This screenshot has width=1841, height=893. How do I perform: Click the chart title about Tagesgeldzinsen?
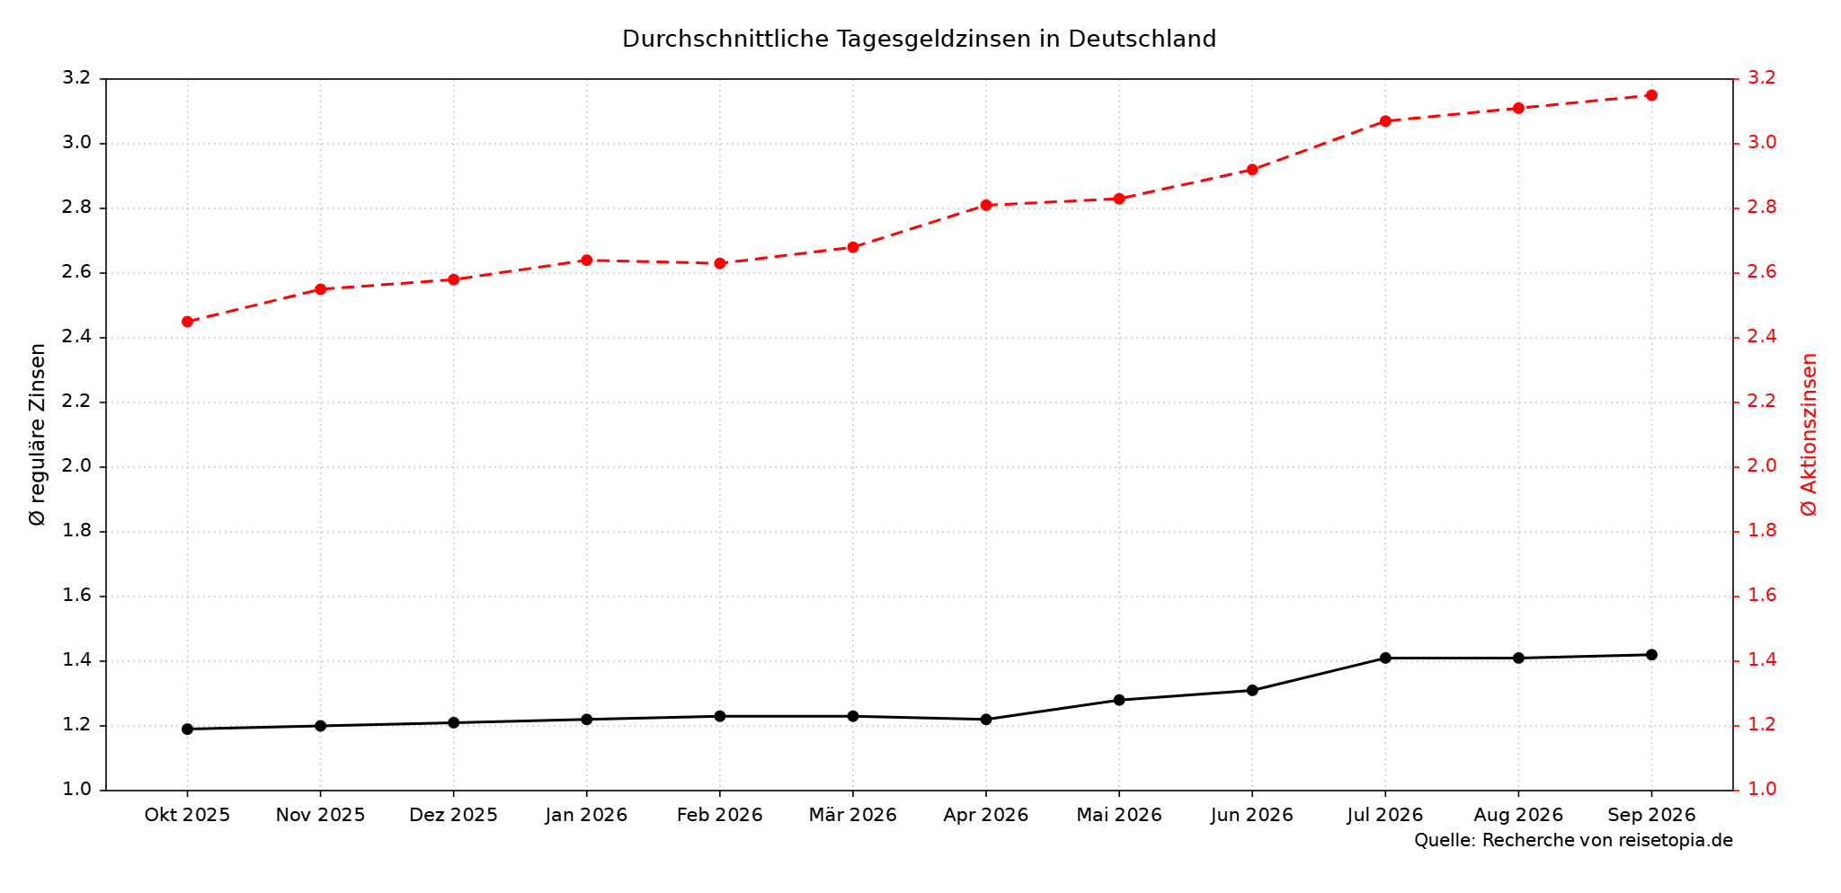pyautogui.click(x=919, y=40)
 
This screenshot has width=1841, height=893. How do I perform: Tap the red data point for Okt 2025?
pyautogui.click(x=187, y=322)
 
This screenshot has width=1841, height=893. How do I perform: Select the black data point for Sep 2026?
pyautogui.click(x=1651, y=655)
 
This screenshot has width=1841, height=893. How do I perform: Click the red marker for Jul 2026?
pyautogui.click(x=1385, y=121)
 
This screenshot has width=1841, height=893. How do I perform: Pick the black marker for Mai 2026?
pyautogui.click(x=1119, y=700)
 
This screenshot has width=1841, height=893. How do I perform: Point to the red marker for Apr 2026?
pyautogui.click(x=986, y=206)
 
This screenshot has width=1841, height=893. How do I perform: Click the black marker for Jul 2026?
pyautogui.click(x=1385, y=659)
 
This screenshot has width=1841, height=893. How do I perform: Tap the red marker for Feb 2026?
pyautogui.click(x=720, y=263)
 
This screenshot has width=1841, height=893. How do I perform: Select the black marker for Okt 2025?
pyautogui.click(x=187, y=729)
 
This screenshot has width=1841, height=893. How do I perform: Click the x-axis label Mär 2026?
pyautogui.click(x=853, y=816)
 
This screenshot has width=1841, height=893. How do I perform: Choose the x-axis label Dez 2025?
pyautogui.click(x=453, y=816)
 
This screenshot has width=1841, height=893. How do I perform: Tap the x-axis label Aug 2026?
pyautogui.click(x=1518, y=816)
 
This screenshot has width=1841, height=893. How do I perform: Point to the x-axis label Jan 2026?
pyautogui.click(x=587, y=816)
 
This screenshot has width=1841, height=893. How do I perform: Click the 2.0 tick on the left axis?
pyautogui.click(x=78, y=466)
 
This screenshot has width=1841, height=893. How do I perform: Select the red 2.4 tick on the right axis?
pyautogui.click(x=1761, y=337)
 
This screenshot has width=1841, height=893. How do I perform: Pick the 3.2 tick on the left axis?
pyautogui.click(x=78, y=78)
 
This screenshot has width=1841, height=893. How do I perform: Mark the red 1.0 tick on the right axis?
pyautogui.click(x=1761, y=790)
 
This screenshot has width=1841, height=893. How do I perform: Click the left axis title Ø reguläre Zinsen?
pyautogui.click(x=38, y=435)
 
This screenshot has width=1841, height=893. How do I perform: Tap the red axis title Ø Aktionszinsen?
pyautogui.click(x=1809, y=435)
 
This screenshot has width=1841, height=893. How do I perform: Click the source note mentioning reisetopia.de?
pyautogui.click(x=1573, y=841)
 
